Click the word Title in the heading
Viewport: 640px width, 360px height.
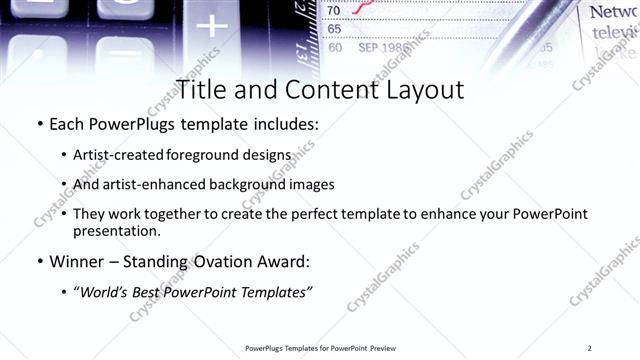205,90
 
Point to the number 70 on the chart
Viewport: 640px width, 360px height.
334,11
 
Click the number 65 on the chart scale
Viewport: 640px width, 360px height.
334,29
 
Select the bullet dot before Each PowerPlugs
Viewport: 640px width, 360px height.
39,126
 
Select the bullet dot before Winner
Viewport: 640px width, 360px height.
39,262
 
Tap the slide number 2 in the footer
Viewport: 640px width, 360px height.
590,348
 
